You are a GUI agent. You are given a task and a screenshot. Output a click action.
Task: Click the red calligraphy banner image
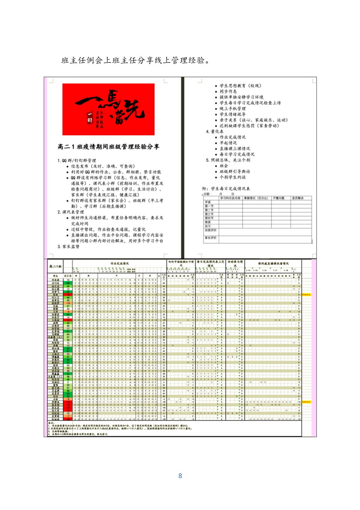(108, 109)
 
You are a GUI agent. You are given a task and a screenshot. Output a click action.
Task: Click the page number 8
(180, 476)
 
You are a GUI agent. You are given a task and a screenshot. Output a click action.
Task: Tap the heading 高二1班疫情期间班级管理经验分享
(108, 147)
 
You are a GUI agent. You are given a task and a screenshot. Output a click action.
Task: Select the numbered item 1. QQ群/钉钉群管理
(77, 161)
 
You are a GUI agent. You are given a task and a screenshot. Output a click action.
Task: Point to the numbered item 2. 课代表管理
(71, 212)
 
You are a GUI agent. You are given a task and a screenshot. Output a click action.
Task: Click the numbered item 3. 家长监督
(69, 247)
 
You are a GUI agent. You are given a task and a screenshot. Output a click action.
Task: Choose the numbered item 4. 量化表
(214, 132)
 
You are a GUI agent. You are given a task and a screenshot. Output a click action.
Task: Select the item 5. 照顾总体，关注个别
(228, 160)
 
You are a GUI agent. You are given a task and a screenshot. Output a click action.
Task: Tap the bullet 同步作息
(228, 92)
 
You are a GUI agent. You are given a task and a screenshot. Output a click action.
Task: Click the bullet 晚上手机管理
(233, 109)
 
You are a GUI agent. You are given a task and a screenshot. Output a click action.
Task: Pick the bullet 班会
(224, 166)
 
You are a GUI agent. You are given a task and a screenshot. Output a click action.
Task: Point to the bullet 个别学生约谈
(233, 177)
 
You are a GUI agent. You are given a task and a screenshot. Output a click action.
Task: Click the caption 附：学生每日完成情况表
(226, 189)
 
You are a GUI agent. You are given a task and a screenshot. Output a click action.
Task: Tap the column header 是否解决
(298, 198)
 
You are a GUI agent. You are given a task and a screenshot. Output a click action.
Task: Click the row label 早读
(208, 202)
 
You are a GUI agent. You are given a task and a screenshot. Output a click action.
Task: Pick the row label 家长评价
(210, 238)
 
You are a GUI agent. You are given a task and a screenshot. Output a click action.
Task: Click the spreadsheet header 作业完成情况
(120, 263)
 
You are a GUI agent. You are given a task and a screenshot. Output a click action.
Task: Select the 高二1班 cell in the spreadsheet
(55, 266)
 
